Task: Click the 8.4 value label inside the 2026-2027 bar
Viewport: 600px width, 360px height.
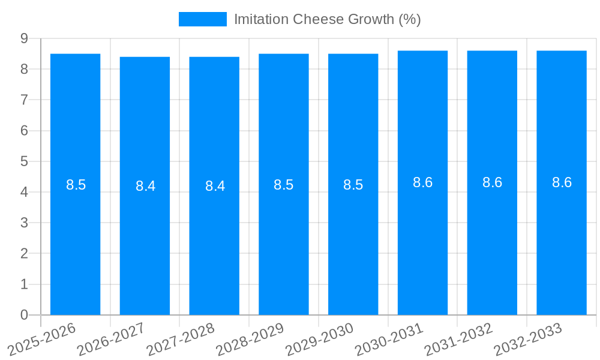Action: coord(145,186)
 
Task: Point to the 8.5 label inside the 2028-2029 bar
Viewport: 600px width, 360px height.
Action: coord(284,185)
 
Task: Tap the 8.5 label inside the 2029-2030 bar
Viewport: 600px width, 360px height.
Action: coord(353,185)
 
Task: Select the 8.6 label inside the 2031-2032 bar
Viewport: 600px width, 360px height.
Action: coord(492,183)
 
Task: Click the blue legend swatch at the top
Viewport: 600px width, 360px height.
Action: coord(202,19)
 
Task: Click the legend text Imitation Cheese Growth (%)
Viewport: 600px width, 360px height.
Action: coord(327,19)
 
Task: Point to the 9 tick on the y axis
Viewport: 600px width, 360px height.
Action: coord(24,38)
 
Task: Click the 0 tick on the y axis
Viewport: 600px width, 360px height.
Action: coord(24,315)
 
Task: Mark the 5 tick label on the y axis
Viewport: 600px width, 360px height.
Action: coord(24,161)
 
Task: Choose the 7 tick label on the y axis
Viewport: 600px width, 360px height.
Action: coord(24,100)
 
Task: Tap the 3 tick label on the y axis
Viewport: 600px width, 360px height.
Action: coord(24,223)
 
